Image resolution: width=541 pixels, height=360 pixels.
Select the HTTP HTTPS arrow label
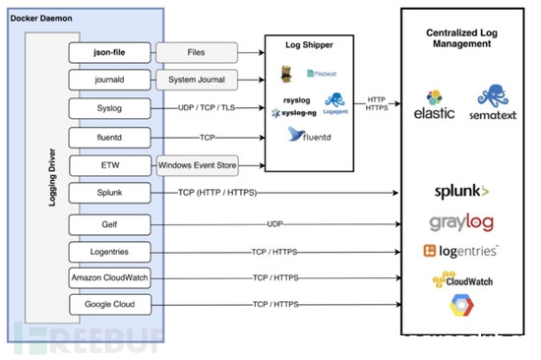coord(378,103)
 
